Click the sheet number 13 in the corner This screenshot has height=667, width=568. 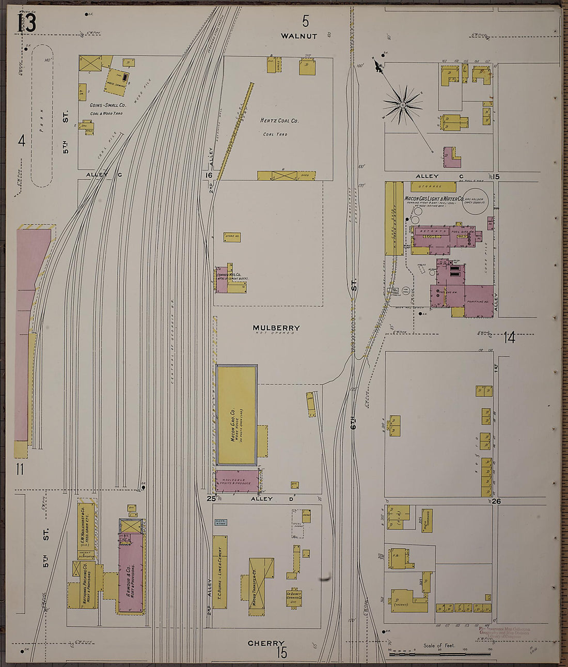[26, 23]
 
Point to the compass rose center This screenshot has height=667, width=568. [402, 105]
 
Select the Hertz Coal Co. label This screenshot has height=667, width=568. [279, 121]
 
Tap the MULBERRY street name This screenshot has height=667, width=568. [276, 328]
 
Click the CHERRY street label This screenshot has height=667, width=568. [266, 643]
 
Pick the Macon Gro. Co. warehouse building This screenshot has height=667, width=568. [237, 415]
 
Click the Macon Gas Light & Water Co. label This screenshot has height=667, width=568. [433, 198]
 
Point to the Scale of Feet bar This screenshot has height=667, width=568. [439, 654]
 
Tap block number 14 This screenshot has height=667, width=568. [509, 338]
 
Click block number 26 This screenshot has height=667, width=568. [496, 501]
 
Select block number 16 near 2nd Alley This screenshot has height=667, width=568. [209, 176]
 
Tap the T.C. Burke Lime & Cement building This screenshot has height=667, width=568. [220, 572]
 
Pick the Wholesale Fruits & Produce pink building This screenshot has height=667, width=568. [236, 481]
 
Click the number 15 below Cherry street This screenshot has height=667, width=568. [281, 653]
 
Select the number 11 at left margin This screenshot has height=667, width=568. [20, 469]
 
